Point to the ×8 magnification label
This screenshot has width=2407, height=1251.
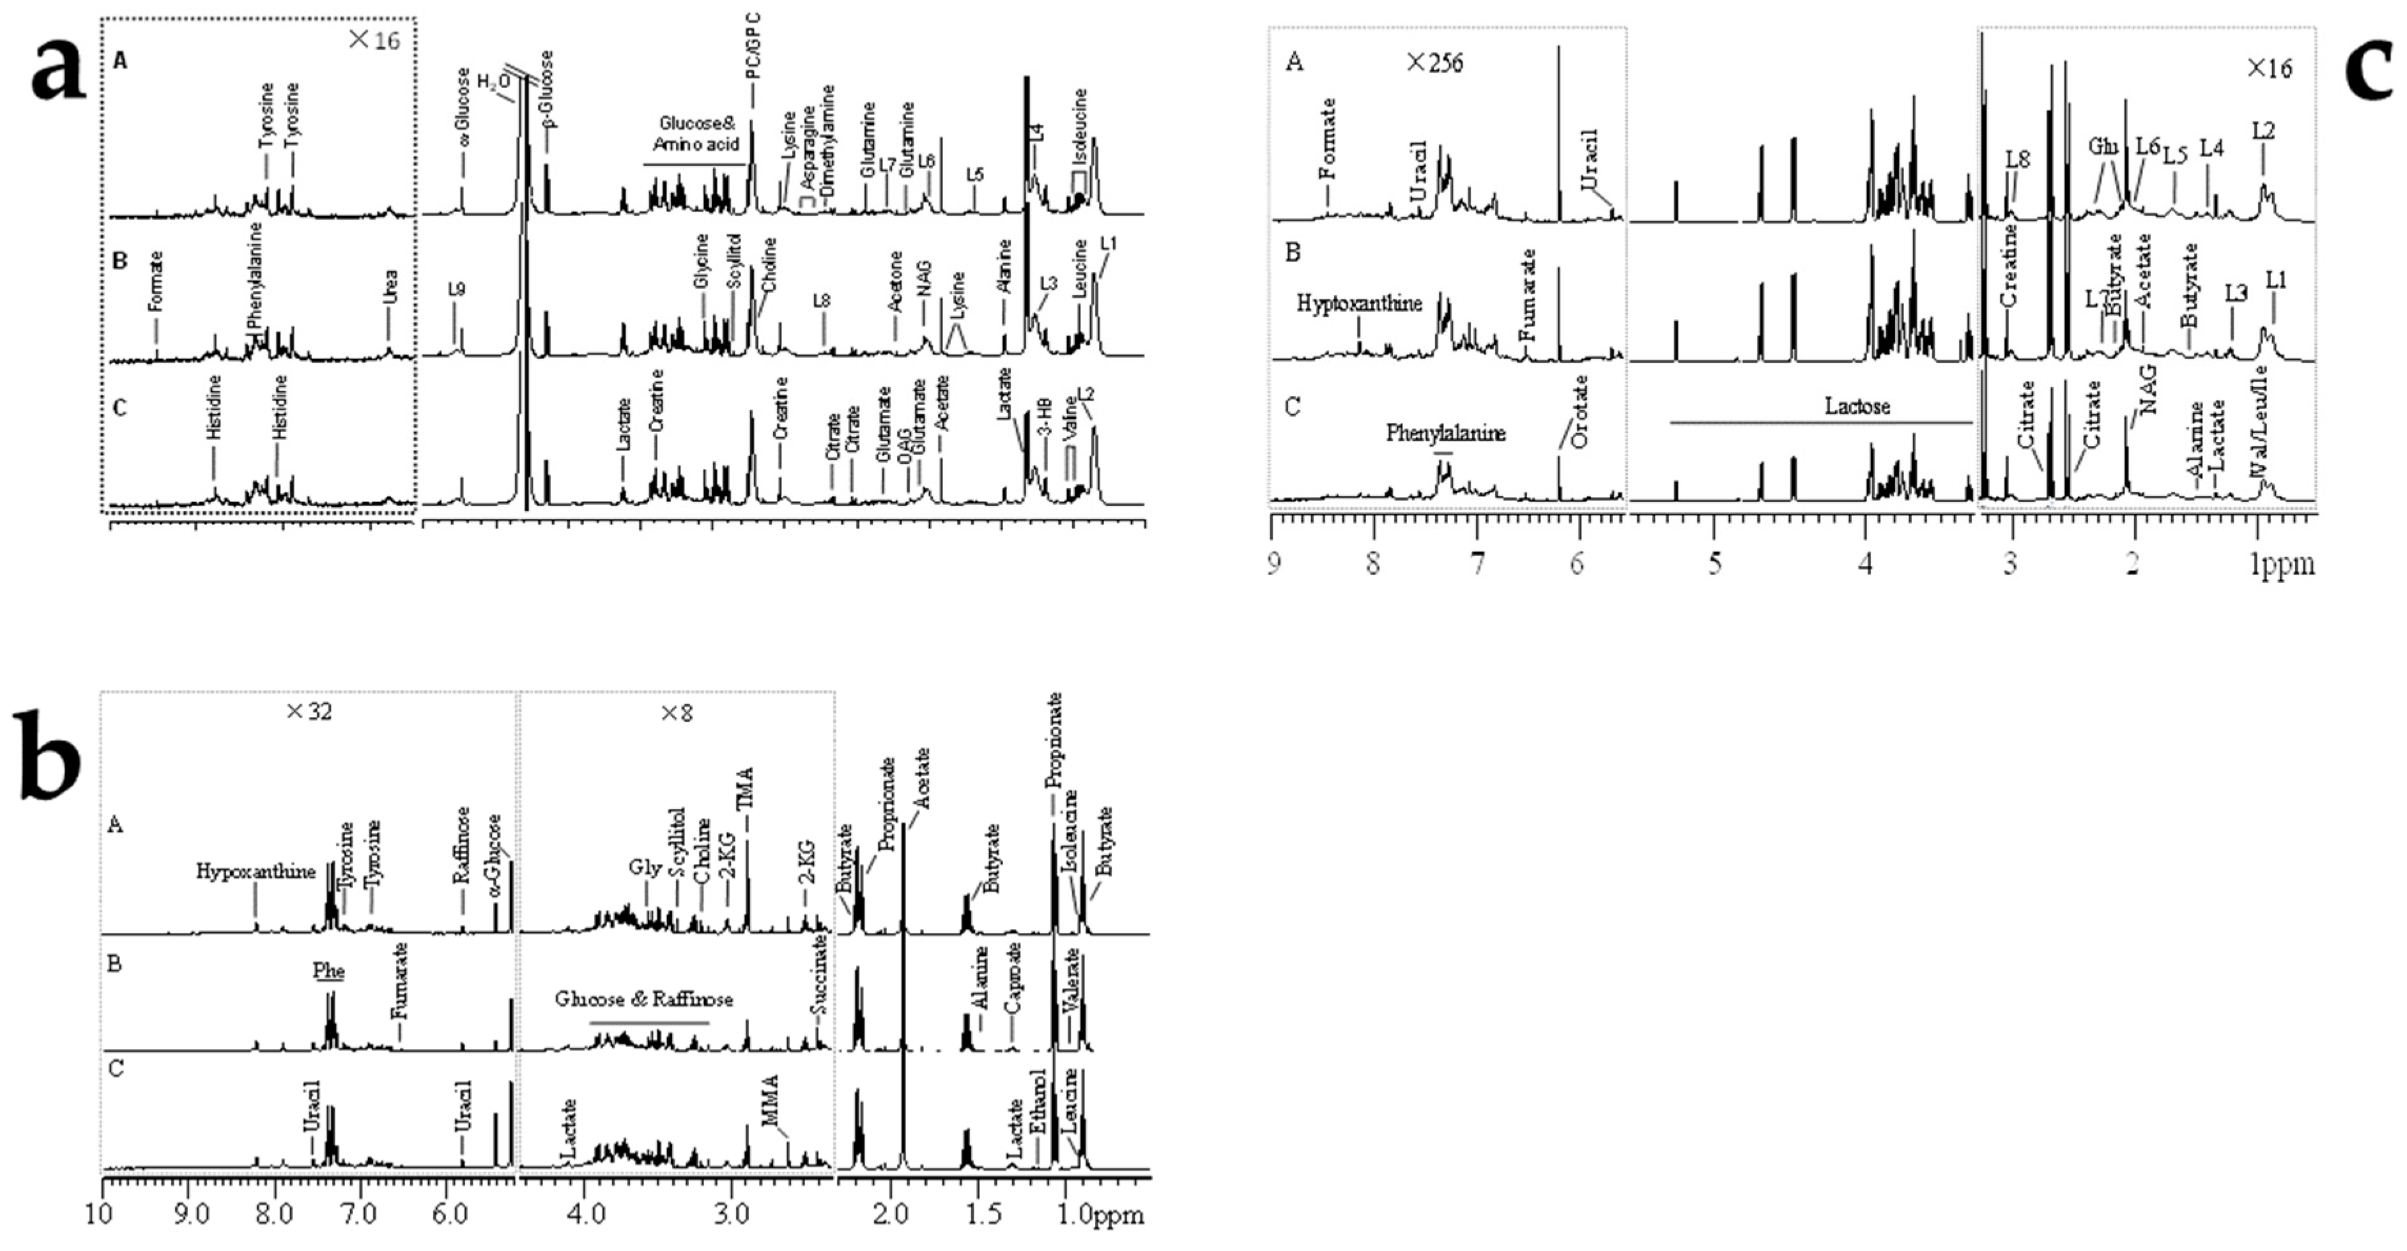point(677,714)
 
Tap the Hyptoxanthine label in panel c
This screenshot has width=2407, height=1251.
point(1360,303)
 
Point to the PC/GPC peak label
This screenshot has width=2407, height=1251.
point(754,47)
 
